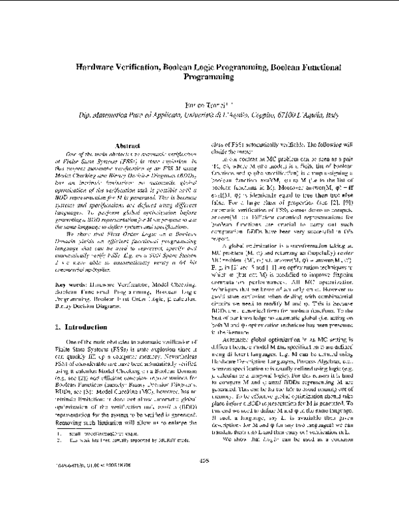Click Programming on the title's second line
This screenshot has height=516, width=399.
click(199, 77)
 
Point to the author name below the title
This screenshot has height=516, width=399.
click(200, 104)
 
